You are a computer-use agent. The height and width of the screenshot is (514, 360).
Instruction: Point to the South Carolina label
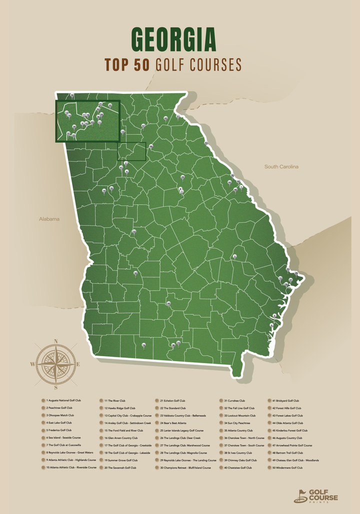[281, 166]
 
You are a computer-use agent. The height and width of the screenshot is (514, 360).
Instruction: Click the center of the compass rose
[56, 364]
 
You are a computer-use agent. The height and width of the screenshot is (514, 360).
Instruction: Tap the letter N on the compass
[56, 341]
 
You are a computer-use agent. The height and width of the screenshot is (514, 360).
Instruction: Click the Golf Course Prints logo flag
[301, 495]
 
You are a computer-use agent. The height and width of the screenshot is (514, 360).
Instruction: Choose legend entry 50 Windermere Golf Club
[287, 468]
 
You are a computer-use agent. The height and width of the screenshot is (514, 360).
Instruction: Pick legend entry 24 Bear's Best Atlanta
[173, 423]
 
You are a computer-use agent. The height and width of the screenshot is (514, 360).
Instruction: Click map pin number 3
[234, 256]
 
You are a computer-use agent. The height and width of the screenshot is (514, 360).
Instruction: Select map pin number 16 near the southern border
[143, 345]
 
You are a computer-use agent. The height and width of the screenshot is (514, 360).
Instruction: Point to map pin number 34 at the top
[72, 95]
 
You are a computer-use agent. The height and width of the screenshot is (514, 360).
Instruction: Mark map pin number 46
[235, 189]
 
